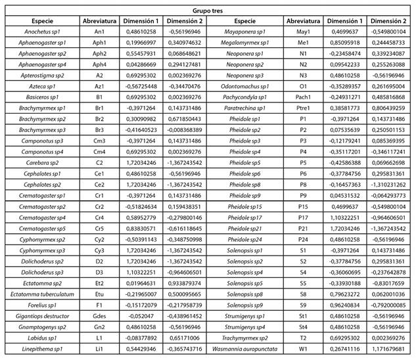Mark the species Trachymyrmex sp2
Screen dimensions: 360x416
pyautogui.click(x=244, y=336)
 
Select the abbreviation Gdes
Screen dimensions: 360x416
pyautogui.click(x=99, y=315)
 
